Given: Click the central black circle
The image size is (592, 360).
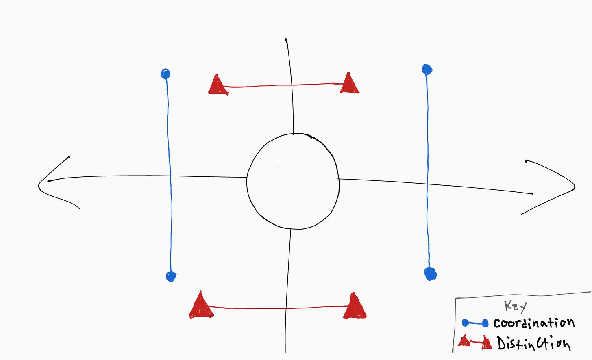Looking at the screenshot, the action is [x=293, y=181].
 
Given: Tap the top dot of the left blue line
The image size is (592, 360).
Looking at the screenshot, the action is [x=165, y=74].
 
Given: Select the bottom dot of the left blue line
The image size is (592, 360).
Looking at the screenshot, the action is [x=171, y=277].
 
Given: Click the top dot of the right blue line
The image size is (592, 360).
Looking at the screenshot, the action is [x=427, y=69].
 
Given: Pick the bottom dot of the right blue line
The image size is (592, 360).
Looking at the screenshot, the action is [x=430, y=273].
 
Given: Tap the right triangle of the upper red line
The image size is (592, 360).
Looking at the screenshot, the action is [x=349, y=84].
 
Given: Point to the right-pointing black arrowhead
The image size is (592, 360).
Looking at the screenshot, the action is [x=573, y=187].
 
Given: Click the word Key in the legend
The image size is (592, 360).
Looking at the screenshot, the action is [x=515, y=306].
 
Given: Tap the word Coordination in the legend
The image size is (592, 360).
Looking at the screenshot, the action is [x=534, y=323].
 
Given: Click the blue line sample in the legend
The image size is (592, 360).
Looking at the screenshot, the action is [x=475, y=323].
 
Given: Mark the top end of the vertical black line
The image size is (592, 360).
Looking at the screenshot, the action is [x=286, y=40].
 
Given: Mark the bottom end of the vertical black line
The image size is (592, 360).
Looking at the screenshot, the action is [x=285, y=351].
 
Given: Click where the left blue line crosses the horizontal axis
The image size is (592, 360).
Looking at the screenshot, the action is [x=170, y=176].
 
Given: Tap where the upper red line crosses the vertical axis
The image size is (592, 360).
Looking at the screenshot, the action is [x=291, y=85].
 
